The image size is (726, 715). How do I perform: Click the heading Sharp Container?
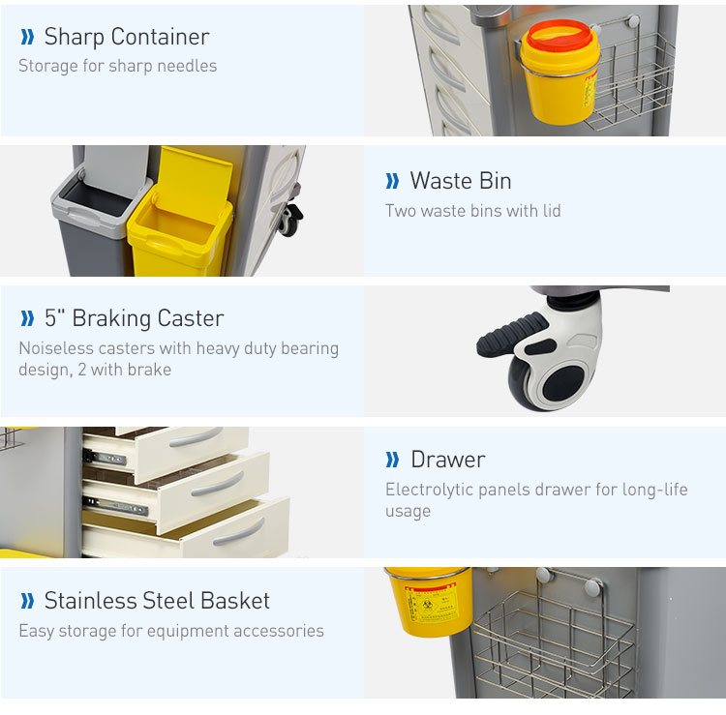(127, 37)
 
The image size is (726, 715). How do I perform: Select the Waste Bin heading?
(460, 181)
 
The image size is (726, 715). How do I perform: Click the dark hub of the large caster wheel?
(565, 384)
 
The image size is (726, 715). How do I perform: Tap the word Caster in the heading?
(191, 318)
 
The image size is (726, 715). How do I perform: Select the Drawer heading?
(448, 460)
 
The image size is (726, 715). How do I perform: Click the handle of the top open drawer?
(196, 437)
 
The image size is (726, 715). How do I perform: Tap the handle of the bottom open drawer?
(239, 533)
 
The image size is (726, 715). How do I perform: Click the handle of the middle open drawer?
(218, 484)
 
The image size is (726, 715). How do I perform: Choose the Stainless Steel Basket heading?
(157, 601)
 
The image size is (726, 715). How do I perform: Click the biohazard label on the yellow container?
(431, 603)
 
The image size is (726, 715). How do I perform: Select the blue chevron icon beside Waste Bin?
(392, 181)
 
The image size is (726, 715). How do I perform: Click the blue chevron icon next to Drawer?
(392, 460)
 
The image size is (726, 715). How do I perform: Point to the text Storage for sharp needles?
(117, 66)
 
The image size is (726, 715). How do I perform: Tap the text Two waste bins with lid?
(472, 211)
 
